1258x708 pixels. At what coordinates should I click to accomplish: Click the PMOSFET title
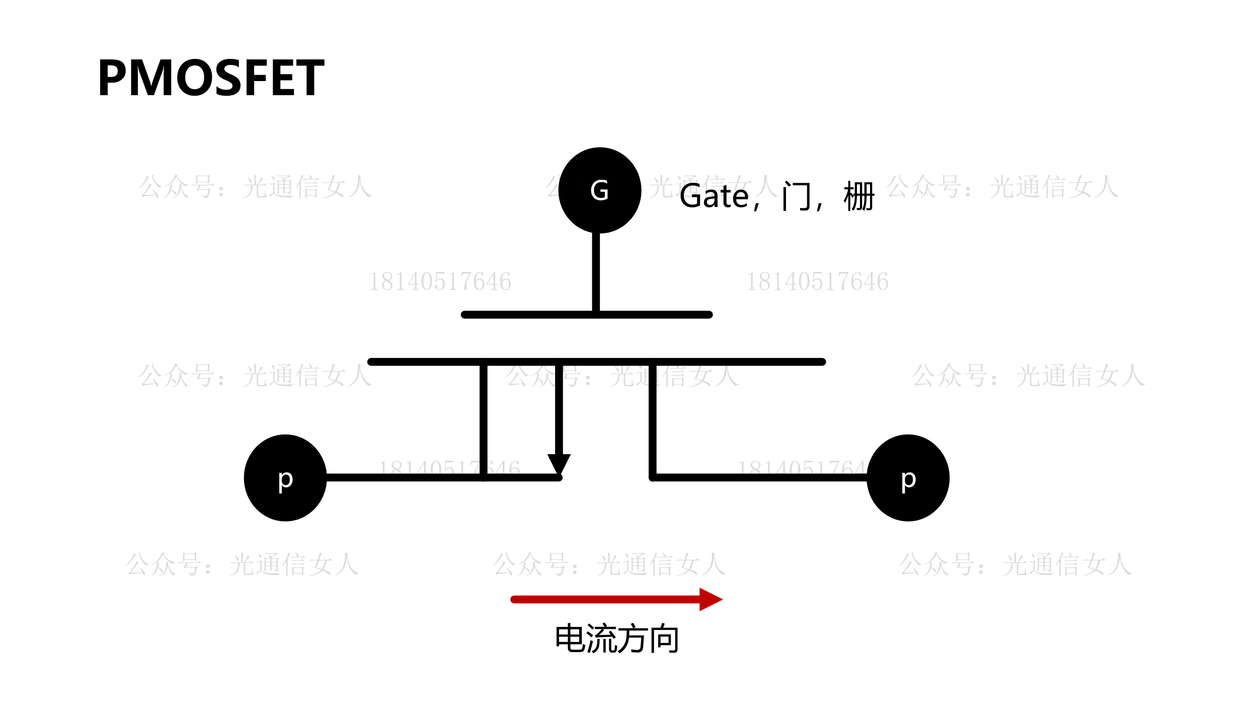[x=211, y=78]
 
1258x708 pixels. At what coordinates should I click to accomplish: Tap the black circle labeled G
[x=599, y=190]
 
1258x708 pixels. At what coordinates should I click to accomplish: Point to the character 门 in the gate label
[x=797, y=196]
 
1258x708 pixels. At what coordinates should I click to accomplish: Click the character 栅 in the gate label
[x=859, y=196]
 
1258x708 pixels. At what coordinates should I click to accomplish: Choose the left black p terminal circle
[x=285, y=478]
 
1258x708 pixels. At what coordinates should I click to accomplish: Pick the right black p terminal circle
[x=908, y=478]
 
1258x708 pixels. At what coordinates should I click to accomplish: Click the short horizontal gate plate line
[x=528, y=315]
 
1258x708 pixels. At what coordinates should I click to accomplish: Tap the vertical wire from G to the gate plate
[x=596, y=272]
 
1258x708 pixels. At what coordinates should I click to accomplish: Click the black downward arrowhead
[x=559, y=463]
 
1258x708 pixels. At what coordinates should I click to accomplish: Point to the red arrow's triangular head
[x=709, y=599]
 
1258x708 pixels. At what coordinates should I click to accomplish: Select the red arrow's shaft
[x=604, y=599]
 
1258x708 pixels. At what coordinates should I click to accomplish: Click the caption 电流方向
[x=617, y=639]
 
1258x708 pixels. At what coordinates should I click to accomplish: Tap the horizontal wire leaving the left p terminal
[x=403, y=477]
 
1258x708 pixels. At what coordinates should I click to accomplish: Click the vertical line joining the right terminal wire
[x=653, y=420]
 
